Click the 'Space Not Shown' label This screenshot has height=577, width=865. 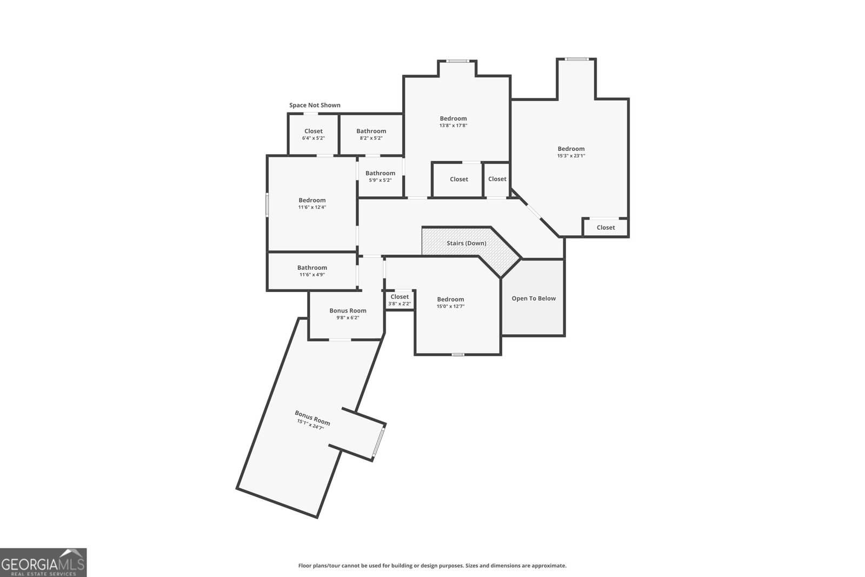(x=315, y=105)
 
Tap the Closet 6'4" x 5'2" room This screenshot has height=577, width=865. (x=313, y=134)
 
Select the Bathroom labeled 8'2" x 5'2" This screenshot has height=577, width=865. (x=371, y=134)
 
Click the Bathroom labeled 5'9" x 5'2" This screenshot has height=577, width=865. (x=380, y=176)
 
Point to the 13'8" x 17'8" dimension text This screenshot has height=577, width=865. (x=453, y=125)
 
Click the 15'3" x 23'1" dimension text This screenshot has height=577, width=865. (x=571, y=156)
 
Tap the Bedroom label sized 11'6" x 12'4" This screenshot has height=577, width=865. (x=312, y=200)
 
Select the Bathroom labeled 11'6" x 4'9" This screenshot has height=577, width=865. (x=312, y=270)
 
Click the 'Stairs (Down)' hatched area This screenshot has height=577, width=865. (x=466, y=243)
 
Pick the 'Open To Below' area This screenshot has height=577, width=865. (x=534, y=299)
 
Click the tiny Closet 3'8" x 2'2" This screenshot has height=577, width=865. (x=400, y=300)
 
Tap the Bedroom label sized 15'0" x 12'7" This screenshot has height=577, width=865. (x=450, y=299)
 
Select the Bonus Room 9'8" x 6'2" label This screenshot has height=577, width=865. (x=348, y=310)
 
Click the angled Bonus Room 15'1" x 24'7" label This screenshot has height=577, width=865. (x=311, y=420)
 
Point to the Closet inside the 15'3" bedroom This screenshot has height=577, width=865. (x=605, y=228)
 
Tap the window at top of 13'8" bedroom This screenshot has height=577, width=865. (x=457, y=61)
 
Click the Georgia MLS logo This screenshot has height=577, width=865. (x=43, y=562)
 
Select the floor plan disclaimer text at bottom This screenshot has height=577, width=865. (x=432, y=566)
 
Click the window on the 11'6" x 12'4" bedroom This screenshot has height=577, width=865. (x=267, y=206)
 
